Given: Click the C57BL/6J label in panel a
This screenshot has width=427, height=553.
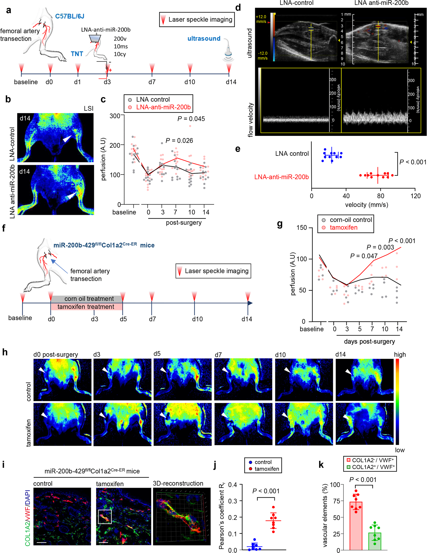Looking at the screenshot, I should tap(70, 16).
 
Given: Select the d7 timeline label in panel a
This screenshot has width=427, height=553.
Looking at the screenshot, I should tap(152, 82).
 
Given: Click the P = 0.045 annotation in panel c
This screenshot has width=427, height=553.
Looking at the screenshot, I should tap(191, 119).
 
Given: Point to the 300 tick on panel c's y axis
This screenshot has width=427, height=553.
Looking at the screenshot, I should tap(115, 116).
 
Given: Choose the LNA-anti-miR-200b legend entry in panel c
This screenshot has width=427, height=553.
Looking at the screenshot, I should tap(163, 107).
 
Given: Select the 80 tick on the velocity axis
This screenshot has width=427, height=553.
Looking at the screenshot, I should tap(380, 196).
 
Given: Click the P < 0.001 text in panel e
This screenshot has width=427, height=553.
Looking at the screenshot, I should tap(413, 162).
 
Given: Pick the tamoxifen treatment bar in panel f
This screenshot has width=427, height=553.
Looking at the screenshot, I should tap(86, 307).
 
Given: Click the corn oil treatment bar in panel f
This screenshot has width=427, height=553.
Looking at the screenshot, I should tap(89, 299).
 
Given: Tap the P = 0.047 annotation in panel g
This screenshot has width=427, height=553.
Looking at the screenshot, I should tap(364, 256).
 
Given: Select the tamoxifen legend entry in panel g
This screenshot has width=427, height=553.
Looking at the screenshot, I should tap(343, 228).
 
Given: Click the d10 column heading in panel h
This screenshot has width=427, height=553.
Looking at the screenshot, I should tap(280, 355).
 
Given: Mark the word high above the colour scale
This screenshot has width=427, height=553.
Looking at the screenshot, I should tap(400, 354).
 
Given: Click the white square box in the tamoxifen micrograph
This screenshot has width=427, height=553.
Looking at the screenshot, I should tap(105, 517).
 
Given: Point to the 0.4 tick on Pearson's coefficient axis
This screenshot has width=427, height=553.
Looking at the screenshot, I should tap(232, 485).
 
